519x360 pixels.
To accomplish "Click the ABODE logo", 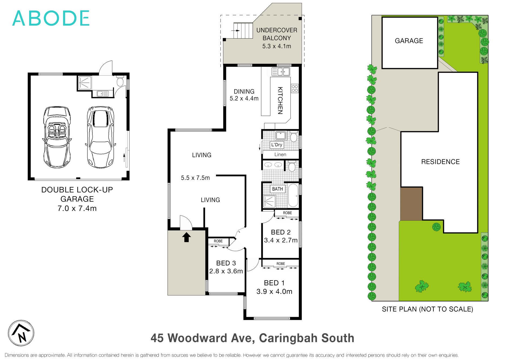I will [51, 18].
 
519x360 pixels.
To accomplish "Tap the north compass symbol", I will [21, 333].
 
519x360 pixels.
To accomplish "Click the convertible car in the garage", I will [57, 137].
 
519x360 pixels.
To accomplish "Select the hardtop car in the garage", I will [100, 137].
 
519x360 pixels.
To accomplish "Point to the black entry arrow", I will [186, 237].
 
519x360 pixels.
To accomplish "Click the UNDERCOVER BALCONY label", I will [277, 34].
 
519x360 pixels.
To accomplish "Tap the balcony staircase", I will [243, 31].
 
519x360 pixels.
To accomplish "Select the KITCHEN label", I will [280, 100].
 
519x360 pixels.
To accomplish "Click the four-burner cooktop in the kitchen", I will [295, 88].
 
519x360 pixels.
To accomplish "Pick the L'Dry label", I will [277, 145].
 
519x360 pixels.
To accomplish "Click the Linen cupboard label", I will [280, 154].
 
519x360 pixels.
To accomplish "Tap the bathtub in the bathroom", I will [293, 195].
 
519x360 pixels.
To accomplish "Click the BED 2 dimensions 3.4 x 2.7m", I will [281, 240].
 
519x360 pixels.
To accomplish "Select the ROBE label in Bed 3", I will [218, 241].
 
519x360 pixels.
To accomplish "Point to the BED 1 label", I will [274, 283].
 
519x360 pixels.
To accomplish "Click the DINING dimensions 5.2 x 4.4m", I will [244, 99].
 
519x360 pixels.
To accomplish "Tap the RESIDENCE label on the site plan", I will [440, 162].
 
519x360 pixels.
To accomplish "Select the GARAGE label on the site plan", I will [409, 41].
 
